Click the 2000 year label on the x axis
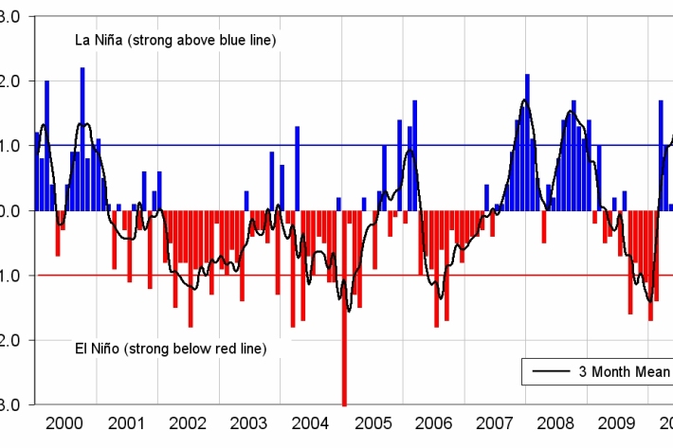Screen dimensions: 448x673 63,423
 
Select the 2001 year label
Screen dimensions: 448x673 124,423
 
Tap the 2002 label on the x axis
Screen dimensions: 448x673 186,423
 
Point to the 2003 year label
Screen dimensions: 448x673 248,423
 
